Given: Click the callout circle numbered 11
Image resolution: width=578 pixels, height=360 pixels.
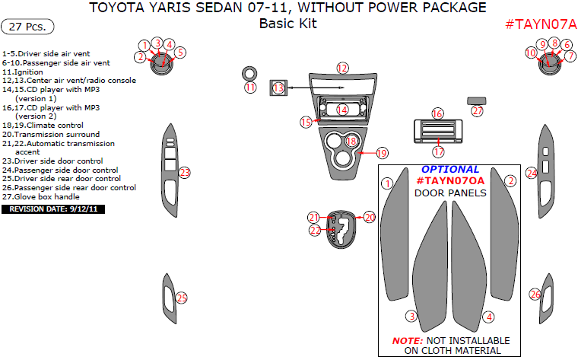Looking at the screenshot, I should coord(250,88).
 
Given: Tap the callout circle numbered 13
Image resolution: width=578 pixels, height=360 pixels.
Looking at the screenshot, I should coord(278,88).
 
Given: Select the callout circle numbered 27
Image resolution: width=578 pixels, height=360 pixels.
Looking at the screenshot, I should coord(478,111).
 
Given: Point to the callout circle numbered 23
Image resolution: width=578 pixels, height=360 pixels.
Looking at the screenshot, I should coord(185,173).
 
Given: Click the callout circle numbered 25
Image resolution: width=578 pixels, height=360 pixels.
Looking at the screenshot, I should coord(181,298).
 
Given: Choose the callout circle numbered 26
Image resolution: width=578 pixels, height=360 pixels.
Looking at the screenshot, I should coord(535,295).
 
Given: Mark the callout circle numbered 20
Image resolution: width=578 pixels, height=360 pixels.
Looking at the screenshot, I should coord(370,217).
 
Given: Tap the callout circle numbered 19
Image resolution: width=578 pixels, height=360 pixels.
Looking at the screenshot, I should coord(382,153).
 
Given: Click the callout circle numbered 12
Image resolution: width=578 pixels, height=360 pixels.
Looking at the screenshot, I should coord(342,68).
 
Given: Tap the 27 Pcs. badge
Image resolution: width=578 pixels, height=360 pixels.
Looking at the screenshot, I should coord(28,27).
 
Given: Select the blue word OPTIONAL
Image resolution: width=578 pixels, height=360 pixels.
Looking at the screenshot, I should coord(450,169).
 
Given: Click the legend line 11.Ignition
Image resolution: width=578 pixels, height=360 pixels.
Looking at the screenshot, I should coord(27,71).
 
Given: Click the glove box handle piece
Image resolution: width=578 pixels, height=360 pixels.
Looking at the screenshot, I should coord(476,100).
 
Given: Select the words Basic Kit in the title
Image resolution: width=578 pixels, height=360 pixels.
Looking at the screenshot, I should coord(287,24).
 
